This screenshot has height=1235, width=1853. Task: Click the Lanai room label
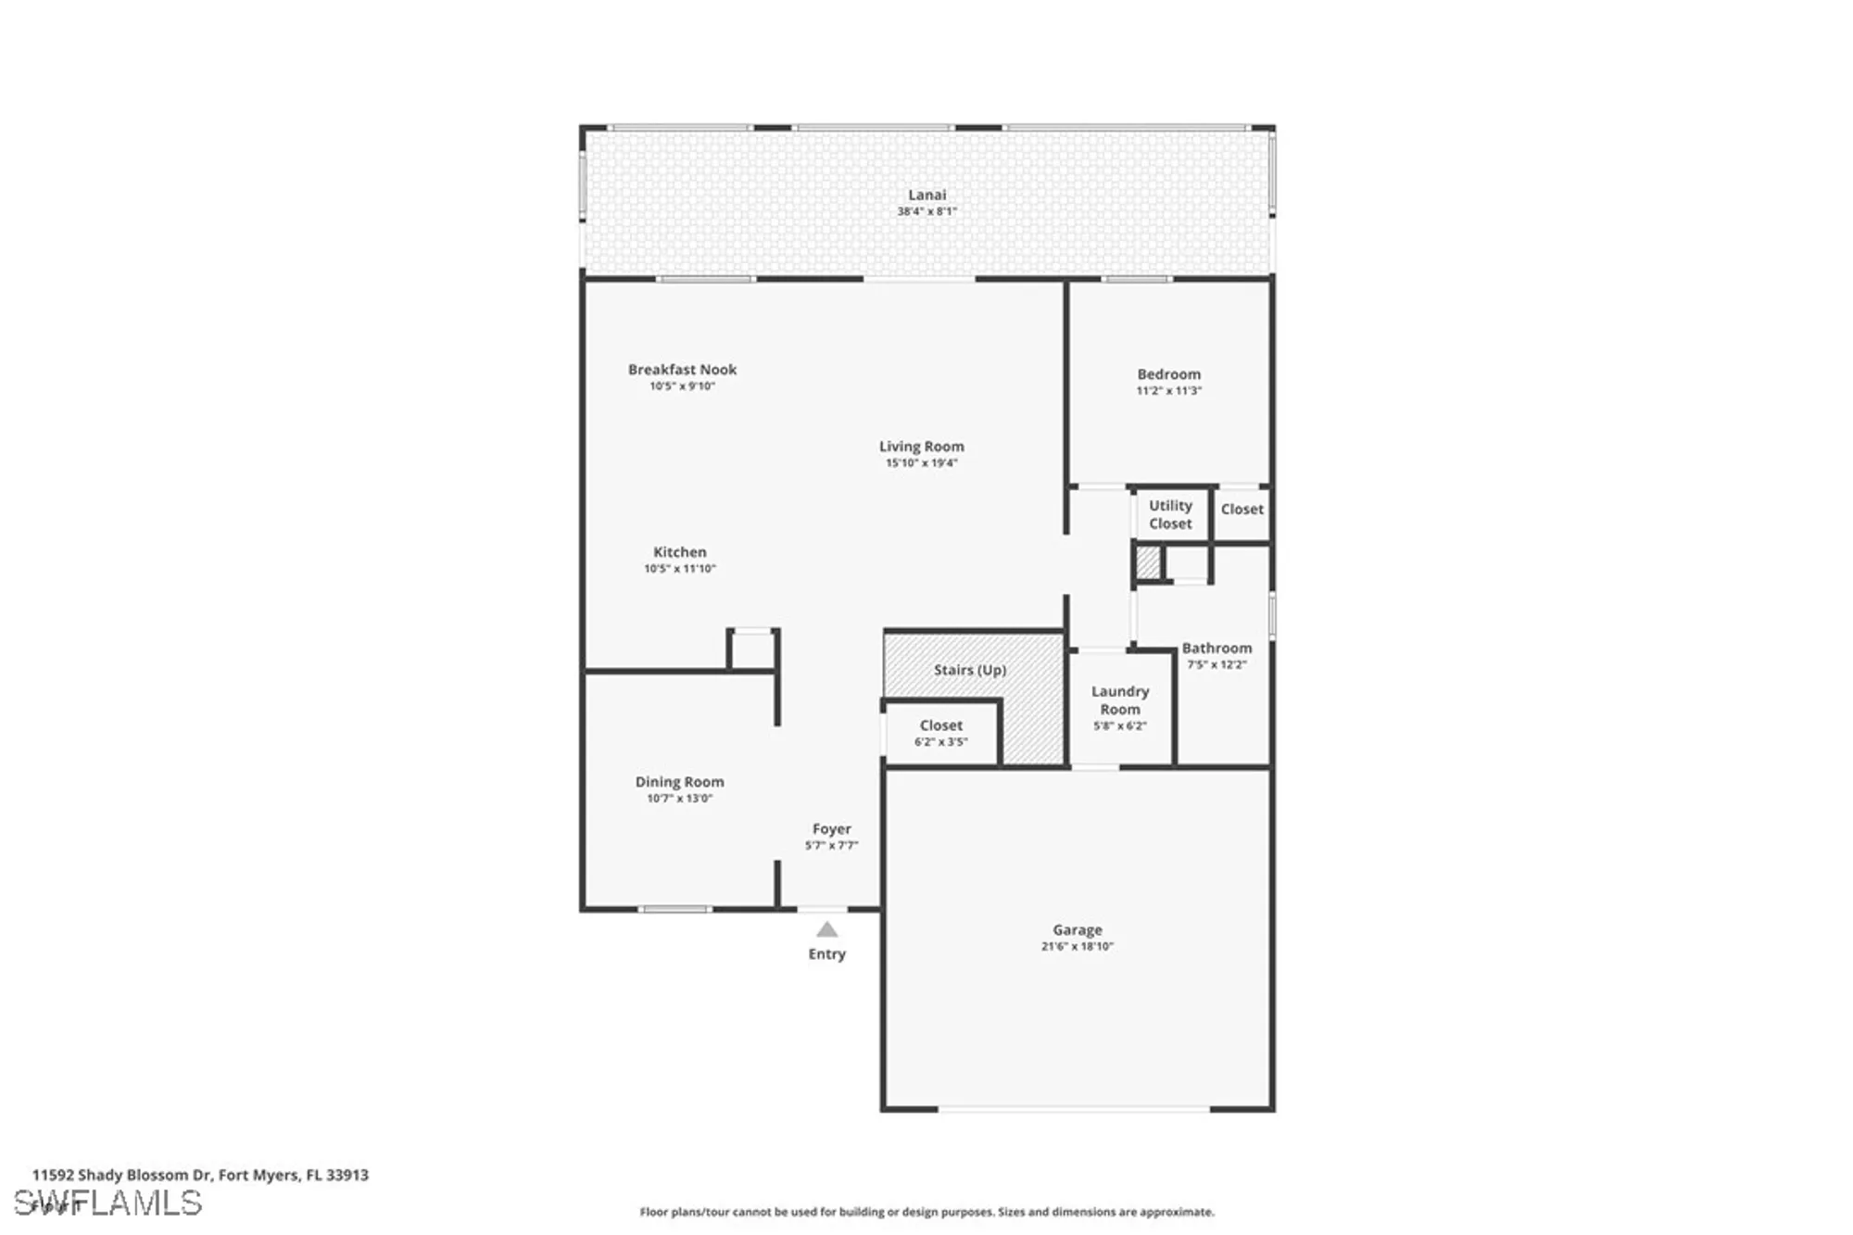coord(926,195)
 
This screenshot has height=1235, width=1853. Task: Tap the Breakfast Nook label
coord(682,370)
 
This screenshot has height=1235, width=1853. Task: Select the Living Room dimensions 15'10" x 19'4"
coord(921,463)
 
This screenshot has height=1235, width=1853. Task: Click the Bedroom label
coord(1168,374)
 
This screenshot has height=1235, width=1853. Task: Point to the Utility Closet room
coord(1170,514)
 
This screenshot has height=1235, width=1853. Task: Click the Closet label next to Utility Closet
coord(1242,510)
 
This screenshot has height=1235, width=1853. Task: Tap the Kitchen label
coord(679,552)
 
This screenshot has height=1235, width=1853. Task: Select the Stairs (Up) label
coord(969,670)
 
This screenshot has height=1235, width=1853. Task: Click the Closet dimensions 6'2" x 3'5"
coord(940,742)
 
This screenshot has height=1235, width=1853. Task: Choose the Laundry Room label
coord(1119,700)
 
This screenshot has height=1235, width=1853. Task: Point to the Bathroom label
coord(1216,649)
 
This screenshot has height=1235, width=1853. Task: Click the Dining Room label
coord(679,782)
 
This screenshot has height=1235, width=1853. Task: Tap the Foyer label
coord(831,829)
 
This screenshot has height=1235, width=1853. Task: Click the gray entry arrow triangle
coord(827,930)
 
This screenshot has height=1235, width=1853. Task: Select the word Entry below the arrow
coord(826,954)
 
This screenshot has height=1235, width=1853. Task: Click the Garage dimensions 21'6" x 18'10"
coord(1077,947)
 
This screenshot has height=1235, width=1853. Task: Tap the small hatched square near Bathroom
coord(1148,562)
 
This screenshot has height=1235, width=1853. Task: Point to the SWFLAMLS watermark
coord(108,1203)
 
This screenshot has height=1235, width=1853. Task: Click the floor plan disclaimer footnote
coord(926,1212)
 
